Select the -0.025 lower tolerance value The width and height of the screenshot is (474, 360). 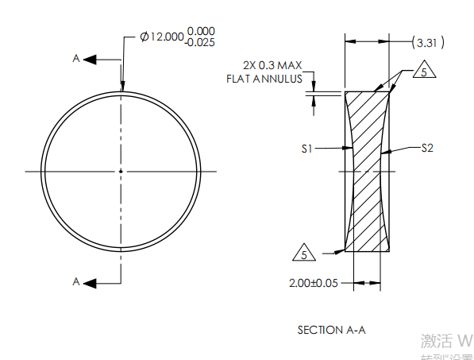click(x=200, y=43)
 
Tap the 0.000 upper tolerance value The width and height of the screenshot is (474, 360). click(x=200, y=31)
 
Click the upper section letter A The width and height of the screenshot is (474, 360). click(x=75, y=58)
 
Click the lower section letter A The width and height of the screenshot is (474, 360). click(x=75, y=281)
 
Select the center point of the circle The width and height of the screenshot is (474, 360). click(x=121, y=171)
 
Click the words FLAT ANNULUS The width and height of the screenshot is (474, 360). click(x=264, y=79)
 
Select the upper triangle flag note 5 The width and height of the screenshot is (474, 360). click(x=424, y=72)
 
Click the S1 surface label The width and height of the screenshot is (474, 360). click(x=309, y=148)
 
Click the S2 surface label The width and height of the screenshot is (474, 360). click(x=427, y=148)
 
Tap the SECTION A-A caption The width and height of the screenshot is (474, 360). click(x=330, y=329)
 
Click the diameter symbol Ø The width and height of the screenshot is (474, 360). click(x=144, y=37)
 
